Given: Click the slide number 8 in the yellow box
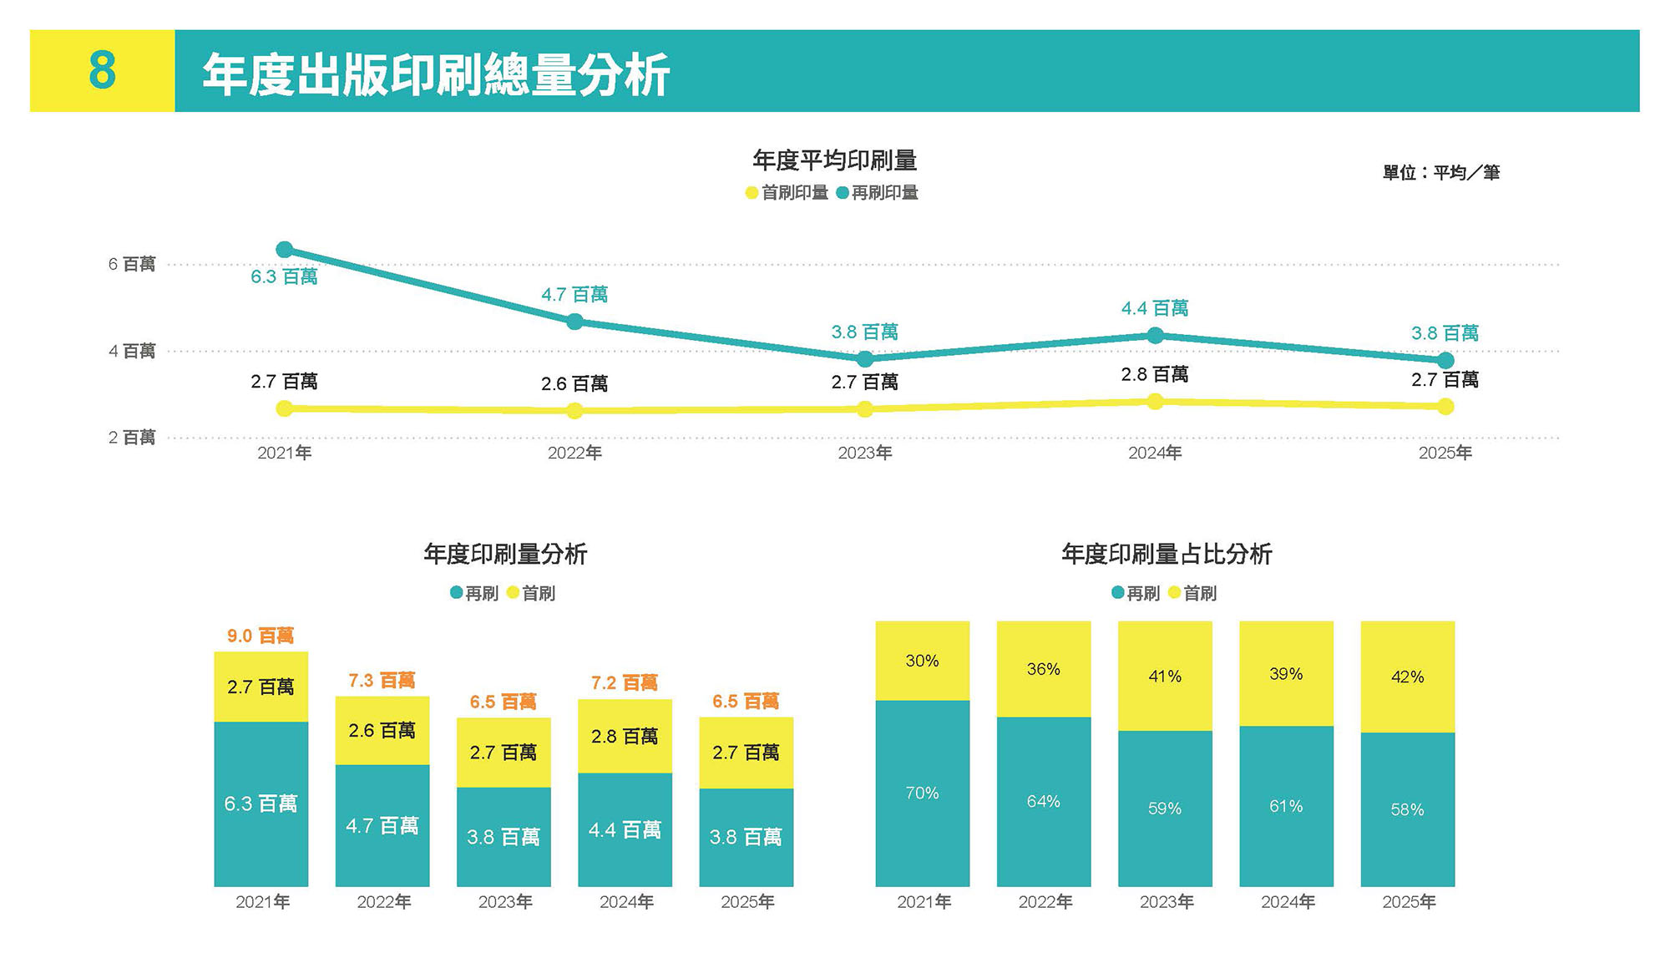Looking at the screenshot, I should pos(102,70).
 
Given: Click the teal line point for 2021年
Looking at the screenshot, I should pos(284,250).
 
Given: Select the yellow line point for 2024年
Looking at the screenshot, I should pos(1155,402).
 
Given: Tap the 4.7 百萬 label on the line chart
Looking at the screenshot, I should pos(574,295).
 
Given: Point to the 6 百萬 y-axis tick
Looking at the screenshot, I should pos(132,265).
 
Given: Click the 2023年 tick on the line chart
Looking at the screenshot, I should pos(865,453).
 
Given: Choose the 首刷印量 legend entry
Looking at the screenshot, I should pos(787,193).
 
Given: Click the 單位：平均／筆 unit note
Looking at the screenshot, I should pos(1441,173).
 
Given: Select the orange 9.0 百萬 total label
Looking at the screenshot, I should pos(261,636).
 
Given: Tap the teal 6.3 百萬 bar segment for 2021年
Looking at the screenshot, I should pos(261,803).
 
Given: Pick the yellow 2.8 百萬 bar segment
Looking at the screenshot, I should pos(625,737).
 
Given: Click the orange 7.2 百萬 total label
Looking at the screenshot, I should pos(625,683).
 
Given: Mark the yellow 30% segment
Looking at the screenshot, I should pos(922,661).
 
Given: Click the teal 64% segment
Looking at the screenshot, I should pos(1043,802).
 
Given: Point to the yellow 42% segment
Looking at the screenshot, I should pos(1407,677).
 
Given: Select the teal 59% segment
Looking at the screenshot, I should pos(1164,809).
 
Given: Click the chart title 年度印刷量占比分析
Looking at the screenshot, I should pos(1166,554).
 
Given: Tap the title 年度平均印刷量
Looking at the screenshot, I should pos(834,160).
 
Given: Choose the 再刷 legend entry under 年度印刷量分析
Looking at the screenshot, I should pos(474,593).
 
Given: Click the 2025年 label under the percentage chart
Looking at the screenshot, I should pos(1409,902).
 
